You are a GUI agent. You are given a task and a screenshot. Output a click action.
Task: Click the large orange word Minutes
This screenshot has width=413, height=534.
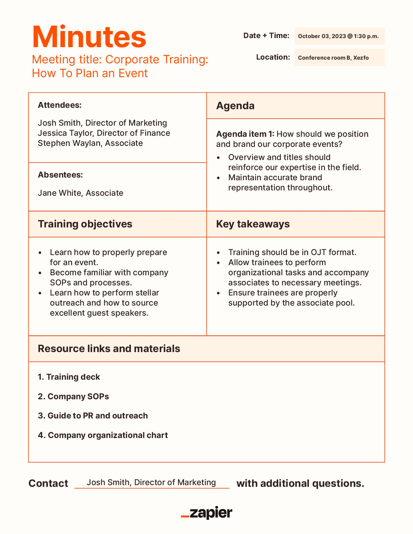coord(89,37)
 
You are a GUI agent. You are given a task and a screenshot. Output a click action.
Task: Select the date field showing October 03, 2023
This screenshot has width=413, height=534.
coord(338,36)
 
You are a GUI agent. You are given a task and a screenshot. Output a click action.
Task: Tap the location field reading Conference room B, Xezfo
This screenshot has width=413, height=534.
coord(333,58)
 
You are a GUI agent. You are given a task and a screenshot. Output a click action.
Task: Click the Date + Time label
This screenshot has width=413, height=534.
coord(266,36)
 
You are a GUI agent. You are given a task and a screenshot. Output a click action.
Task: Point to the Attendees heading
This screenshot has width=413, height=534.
coord(60,105)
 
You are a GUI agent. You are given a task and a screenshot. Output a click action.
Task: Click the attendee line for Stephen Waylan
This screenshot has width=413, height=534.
coord(90,143)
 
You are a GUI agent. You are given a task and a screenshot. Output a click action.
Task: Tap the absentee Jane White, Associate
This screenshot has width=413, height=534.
coord(80,193)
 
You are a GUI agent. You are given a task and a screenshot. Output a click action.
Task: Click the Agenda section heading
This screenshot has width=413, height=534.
coord(235,106)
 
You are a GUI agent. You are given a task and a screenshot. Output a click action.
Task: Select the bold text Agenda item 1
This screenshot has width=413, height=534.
coord(245,134)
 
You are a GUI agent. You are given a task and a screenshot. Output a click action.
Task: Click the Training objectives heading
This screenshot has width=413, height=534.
coord(85,224)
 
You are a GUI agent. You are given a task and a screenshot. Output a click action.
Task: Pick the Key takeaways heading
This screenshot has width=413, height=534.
coord(253,224)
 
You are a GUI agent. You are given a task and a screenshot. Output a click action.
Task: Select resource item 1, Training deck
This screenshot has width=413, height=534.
coord(69,377)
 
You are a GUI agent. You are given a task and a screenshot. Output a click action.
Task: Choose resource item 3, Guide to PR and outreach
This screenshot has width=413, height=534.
coord(93,416)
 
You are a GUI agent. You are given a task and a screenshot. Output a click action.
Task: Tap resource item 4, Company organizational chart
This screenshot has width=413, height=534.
coord(103,435)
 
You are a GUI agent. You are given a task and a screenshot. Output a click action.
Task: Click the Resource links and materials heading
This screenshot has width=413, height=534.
coord(109,349)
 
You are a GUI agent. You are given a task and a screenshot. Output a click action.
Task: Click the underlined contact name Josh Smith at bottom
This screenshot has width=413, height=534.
coord(151,482)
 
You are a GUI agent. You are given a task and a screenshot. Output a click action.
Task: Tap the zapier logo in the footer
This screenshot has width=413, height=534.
coord(207,513)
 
